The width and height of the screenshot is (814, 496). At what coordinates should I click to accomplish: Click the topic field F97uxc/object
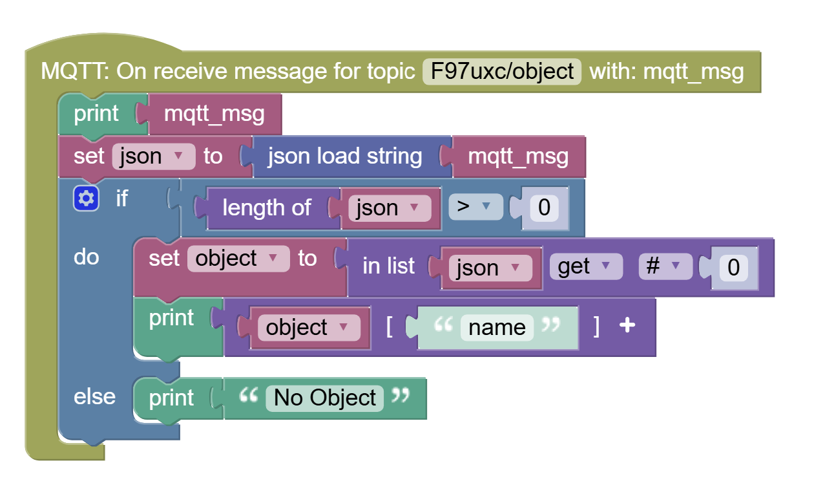(502, 71)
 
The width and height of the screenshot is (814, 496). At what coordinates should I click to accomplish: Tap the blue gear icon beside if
(86, 199)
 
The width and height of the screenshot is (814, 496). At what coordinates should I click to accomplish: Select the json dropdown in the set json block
(154, 156)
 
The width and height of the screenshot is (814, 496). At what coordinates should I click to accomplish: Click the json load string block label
(345, 156)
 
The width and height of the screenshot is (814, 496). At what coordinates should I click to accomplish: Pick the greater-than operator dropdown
(475, 207)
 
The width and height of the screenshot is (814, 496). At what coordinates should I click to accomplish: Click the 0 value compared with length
(544, 208)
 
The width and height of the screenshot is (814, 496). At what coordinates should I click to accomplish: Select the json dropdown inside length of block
(390, 208)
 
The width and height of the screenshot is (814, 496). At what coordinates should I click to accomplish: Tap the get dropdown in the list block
(586, 266)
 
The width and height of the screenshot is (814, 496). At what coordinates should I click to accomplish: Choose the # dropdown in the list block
(665, 266)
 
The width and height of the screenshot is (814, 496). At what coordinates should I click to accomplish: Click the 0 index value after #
(734, 267)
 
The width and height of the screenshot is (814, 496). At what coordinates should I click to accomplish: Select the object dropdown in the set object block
(238, 259)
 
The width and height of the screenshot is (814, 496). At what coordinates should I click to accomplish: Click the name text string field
(497, 328)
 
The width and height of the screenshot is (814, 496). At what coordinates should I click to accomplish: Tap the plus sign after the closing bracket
(627, 325)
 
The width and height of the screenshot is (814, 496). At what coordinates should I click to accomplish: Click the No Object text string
(324, 398)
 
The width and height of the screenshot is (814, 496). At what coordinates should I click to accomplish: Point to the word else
(94, 396)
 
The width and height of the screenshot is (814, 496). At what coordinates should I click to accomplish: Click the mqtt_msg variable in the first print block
(214, 114)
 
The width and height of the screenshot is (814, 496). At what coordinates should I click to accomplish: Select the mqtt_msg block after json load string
(519, 156)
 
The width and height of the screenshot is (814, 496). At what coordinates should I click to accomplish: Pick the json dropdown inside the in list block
(490, 268)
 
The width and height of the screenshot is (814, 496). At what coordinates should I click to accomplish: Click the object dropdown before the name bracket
(309, 328)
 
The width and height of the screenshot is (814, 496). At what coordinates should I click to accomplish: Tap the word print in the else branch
(171, 398)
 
